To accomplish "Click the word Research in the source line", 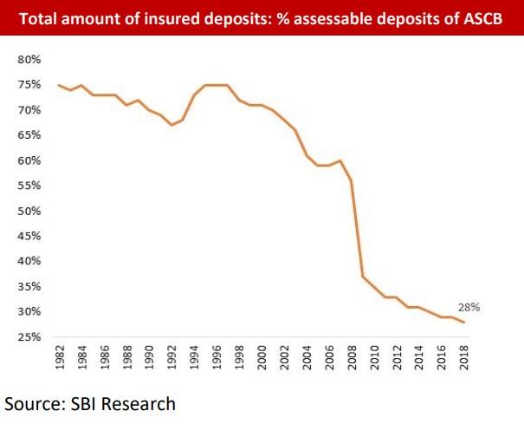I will (x=142, y=403).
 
